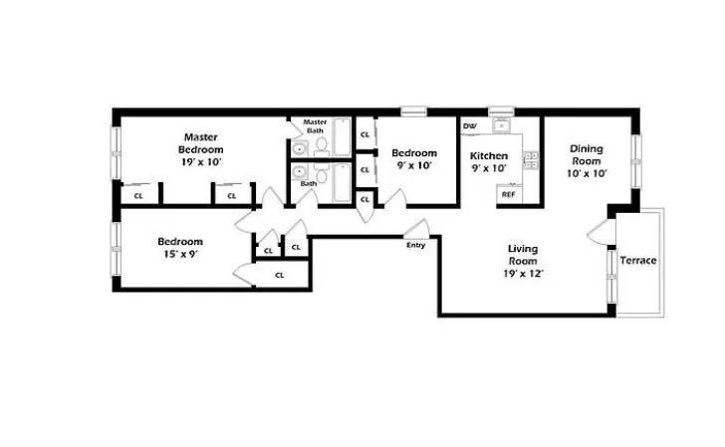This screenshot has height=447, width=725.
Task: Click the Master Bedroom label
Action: [200, 142]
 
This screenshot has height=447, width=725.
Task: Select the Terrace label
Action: [637, 261]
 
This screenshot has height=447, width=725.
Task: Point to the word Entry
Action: [415, 245]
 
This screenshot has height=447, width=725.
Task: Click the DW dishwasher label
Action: [469, 126]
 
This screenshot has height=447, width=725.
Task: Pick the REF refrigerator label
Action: [508, 194]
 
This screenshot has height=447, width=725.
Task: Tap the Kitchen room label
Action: [489, 156]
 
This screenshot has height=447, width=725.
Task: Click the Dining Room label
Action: [586, 154]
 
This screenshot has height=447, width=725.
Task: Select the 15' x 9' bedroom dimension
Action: [179, 255]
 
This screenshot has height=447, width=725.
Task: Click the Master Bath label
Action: [316, 126]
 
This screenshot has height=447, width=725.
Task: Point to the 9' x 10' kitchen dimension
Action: [489, 168]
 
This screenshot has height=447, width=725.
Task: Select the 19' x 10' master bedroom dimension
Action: [200, 161]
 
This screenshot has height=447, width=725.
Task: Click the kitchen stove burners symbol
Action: [531, 158]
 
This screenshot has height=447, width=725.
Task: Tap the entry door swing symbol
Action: [415, 229]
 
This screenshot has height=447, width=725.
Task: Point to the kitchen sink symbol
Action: [500, 126]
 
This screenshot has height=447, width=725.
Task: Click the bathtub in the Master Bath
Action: [342, 137]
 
